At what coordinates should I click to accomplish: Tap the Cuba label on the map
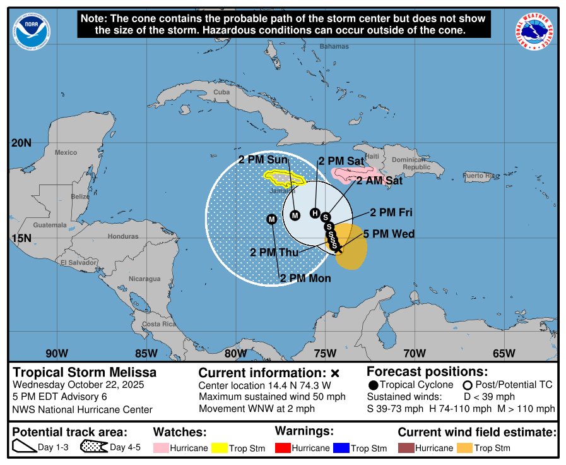click(221, 92)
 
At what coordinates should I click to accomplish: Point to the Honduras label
click(123, 236)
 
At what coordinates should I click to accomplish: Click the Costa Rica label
click(159, 324)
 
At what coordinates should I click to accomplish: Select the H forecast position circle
click(315, 213)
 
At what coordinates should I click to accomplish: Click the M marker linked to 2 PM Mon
click(272, 219)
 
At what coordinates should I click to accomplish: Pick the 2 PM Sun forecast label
click(263, 159)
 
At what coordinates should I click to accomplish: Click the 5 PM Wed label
click(389, 234)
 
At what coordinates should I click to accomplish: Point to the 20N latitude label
click(21, 143)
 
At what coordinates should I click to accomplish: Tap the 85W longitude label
click(146, 353)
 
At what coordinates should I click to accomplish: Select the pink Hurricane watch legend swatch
click(166, 448)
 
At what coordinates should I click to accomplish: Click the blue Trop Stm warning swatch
click(340, 448)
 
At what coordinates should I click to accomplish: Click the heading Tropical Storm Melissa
click(85, 373)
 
